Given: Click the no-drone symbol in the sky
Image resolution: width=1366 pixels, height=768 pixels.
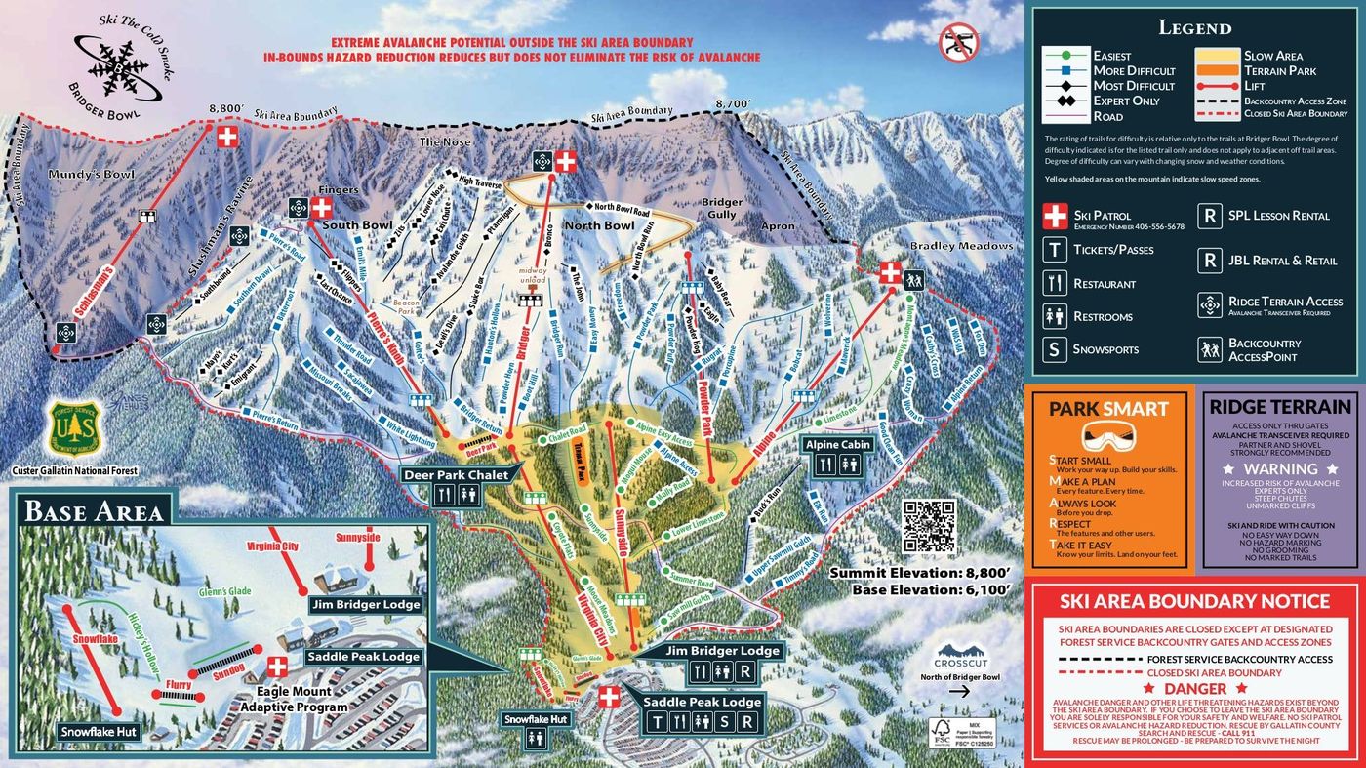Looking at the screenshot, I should [957, 42].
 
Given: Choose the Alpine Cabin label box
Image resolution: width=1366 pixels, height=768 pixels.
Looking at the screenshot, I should [837, 444].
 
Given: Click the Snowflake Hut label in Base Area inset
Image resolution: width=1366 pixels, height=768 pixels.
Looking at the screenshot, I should [100, 731].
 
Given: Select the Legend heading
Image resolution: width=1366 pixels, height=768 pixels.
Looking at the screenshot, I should [1194, 27].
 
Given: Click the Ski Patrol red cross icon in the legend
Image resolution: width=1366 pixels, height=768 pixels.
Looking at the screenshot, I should [1054, 216].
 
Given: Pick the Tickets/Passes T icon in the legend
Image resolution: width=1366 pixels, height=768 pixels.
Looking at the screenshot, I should [1054, 250].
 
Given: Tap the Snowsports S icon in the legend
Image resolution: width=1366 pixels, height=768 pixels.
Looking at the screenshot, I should [1054, 349].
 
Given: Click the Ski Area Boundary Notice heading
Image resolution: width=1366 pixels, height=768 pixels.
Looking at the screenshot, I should [1195, 601].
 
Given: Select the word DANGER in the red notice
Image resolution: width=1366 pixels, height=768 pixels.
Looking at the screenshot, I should [1195, 689].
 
